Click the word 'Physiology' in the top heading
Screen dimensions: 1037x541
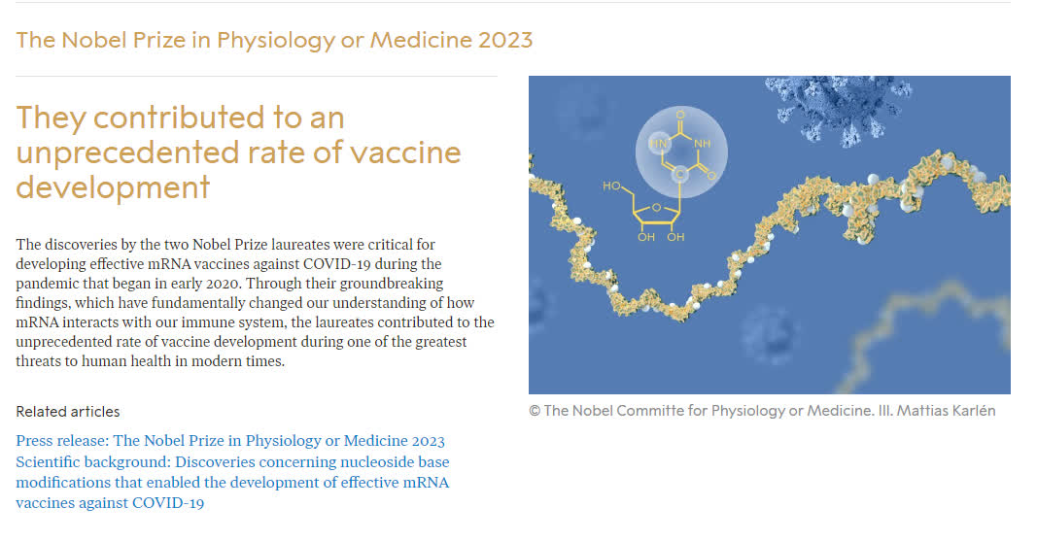tap(276, 41)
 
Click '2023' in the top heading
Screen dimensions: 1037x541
tap(505, 40)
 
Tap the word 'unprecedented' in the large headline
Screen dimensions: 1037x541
tap(125, 153)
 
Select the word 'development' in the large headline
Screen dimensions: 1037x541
tap(113, 187)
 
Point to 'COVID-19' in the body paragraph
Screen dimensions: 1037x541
tap(336, 264)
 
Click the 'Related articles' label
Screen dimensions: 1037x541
tap(68, 412)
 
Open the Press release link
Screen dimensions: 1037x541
tap(230, 441)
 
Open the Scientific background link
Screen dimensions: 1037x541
tap(232, 482)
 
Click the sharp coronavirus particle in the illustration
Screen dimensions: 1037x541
tap(840, 106)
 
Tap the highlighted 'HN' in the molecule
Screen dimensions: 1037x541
tap(658, 144)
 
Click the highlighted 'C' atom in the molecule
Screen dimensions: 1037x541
tap(680, 175)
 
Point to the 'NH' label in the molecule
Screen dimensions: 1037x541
tap(703, 144)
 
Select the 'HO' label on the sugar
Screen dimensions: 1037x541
tap(611, 186)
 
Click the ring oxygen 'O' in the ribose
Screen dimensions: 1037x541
tap(656, 208)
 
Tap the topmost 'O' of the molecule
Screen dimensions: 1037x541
tap(680, 115)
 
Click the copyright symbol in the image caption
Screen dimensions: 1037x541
tap(535, 411)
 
